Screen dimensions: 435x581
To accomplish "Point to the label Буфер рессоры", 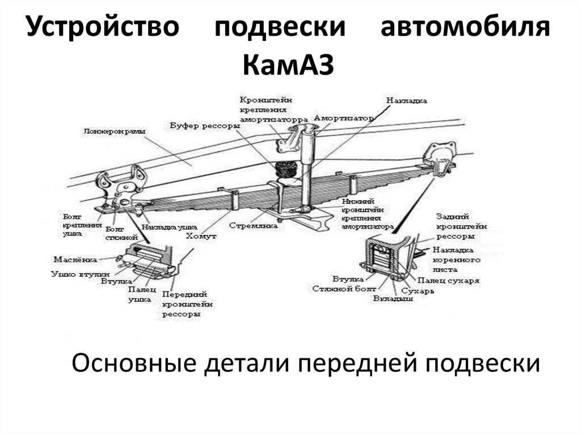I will [201, 125].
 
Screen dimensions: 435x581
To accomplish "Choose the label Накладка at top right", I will [407, 100].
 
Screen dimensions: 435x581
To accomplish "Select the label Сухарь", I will [417, 290].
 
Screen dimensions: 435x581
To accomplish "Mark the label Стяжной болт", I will [338, 289].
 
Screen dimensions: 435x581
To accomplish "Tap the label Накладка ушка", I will [165, 227].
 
